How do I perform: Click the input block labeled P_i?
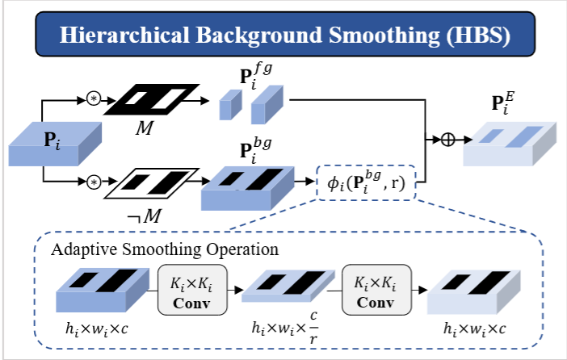(x=55, y=150)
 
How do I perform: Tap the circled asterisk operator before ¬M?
(x=94, y=182)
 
